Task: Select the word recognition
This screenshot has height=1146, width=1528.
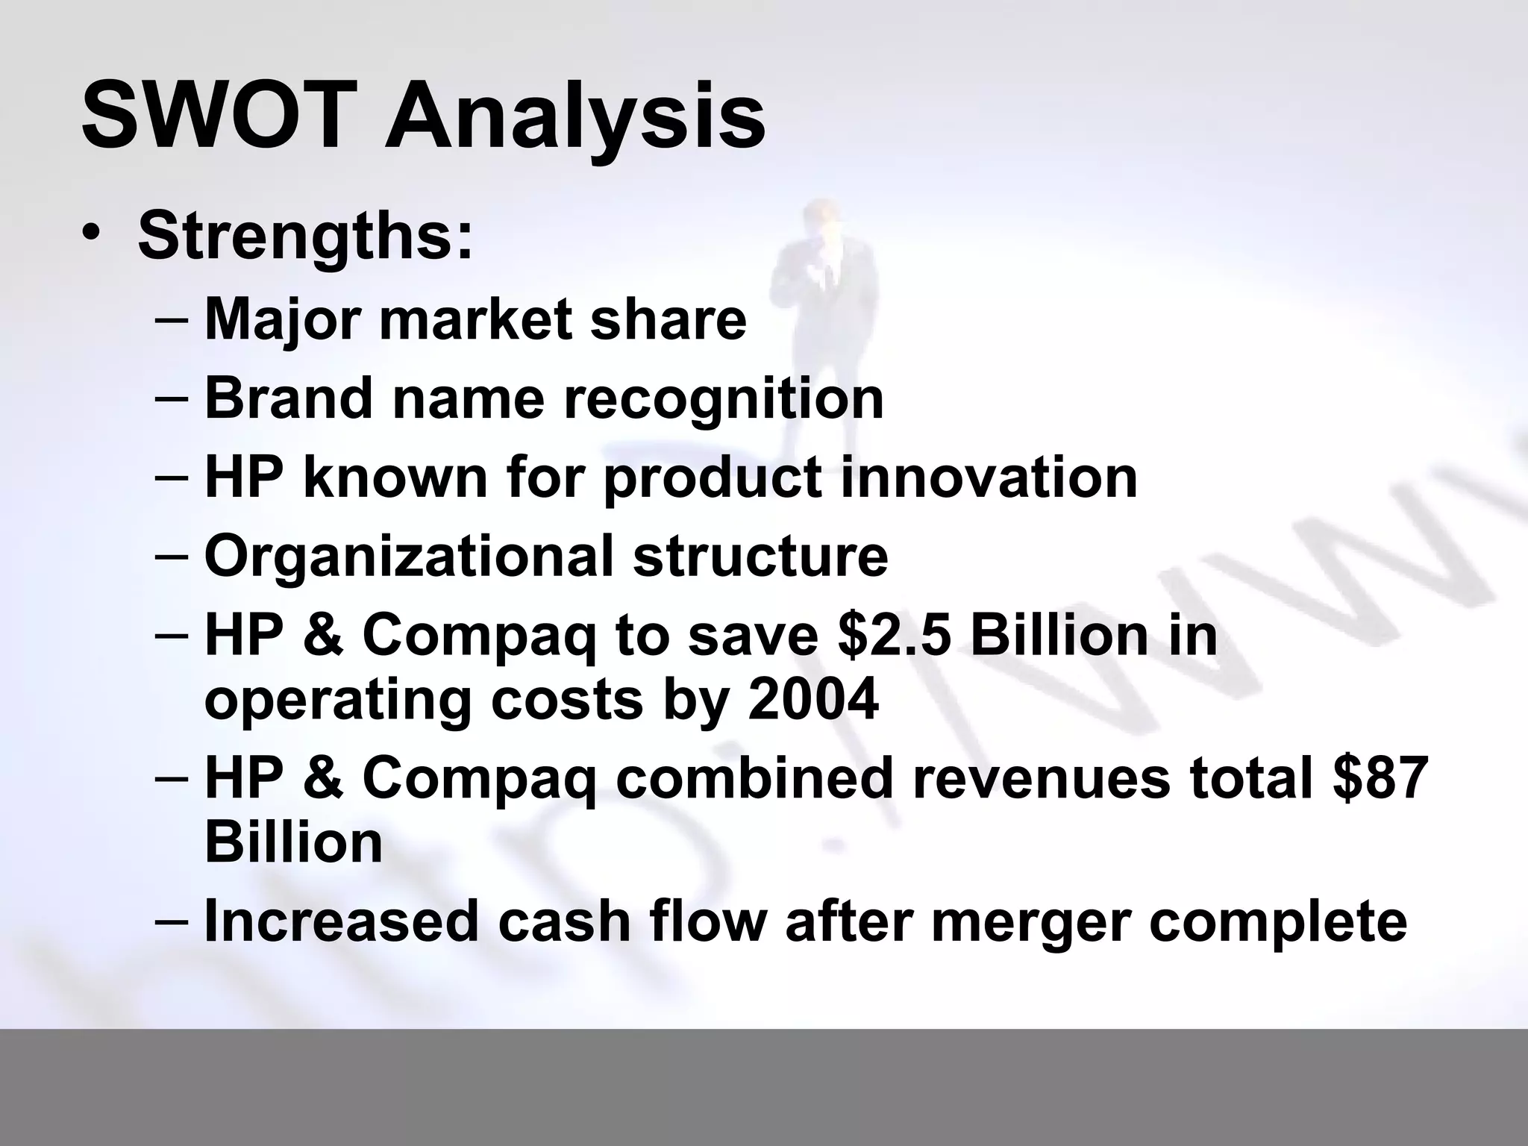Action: [x=723, y=399]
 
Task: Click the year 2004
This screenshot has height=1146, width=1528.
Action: [x=812, y=700]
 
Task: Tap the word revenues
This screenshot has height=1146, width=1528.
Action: [x=1040, y=778]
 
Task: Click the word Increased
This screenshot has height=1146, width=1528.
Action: [x=340, y=920]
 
